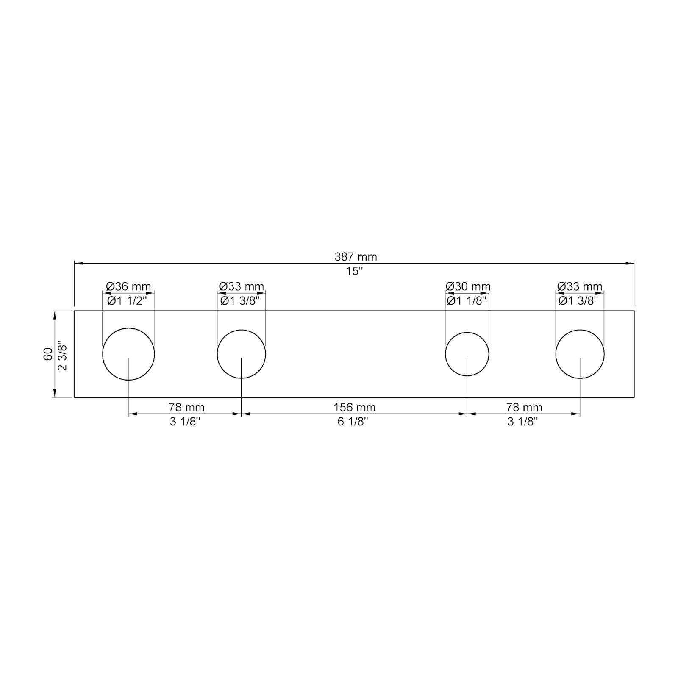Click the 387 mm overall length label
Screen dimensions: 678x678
pos(356,257)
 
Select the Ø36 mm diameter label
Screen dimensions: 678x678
pos(128,286)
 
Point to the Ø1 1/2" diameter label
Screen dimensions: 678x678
pos(127,301)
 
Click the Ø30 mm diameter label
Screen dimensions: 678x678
pos(468,286)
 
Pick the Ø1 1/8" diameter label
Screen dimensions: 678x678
pos(467,301)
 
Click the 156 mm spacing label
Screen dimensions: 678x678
pos(354,407)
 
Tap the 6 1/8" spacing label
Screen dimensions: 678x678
pos(353,422)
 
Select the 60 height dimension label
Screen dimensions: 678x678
pos(48,354)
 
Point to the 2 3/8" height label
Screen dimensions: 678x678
pos(62,355)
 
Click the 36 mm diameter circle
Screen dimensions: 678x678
pos(128,354)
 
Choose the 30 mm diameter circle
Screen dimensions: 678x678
pos(467,354)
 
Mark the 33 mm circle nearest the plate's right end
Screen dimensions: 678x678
pos(580,354)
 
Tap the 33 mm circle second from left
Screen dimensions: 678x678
pos(241,354)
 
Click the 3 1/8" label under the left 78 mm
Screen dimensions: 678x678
pos(185,422)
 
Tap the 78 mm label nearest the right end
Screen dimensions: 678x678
pos(524,407)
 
